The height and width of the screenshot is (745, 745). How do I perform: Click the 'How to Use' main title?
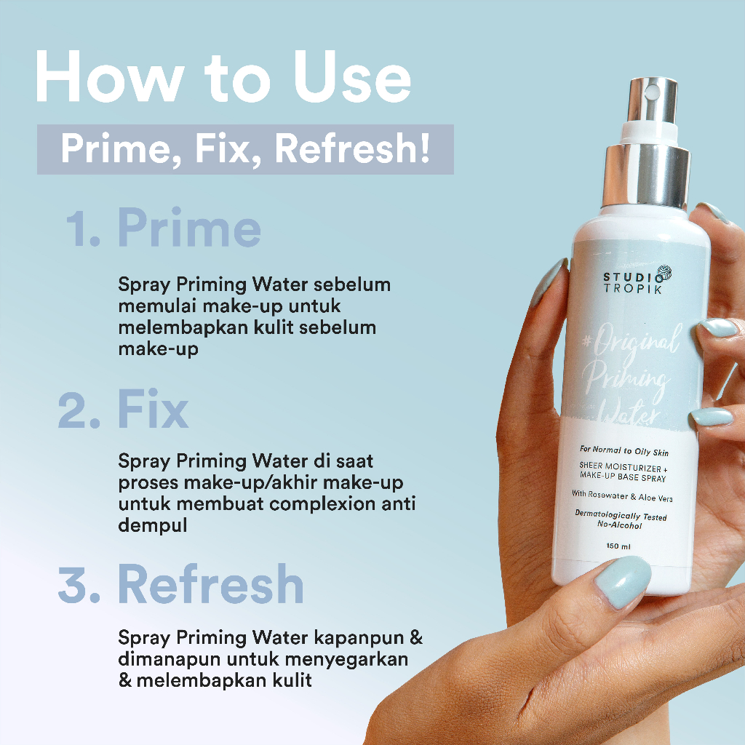223,79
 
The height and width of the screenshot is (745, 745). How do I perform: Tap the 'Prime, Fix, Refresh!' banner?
245,149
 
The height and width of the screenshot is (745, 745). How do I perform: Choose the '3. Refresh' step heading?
181,585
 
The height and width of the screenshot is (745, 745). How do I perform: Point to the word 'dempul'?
153,525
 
